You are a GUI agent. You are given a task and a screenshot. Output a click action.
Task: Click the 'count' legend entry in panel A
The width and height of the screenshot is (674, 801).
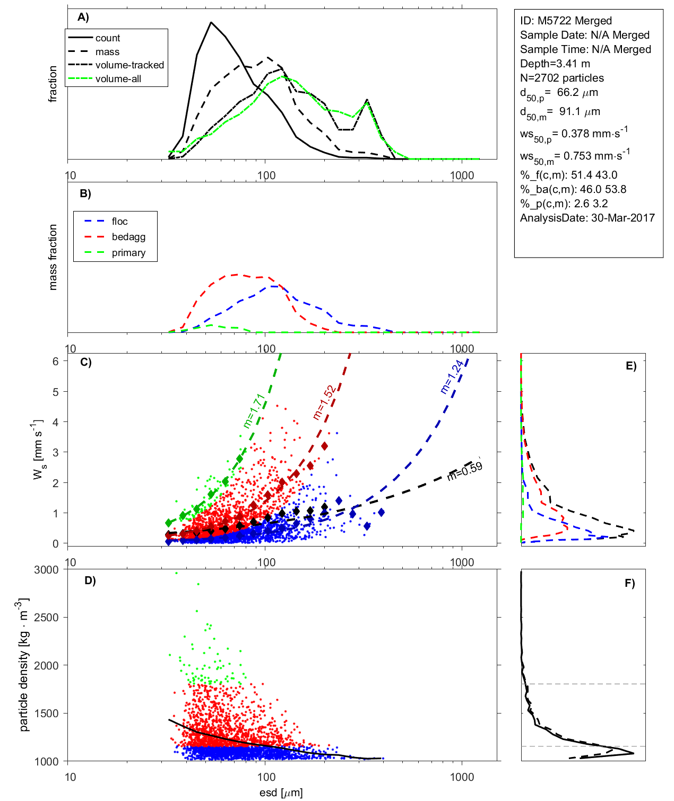click(x=108, y=38)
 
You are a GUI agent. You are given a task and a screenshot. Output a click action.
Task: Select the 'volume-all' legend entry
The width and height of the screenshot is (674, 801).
click(x=118, y=79)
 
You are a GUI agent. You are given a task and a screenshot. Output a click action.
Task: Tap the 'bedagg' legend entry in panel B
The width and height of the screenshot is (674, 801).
click(x=128, y=237)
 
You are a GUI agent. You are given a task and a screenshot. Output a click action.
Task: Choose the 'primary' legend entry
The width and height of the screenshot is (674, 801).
click(x=128, y=253)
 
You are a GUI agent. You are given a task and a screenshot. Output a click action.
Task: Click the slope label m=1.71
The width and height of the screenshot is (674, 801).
click(x=254, y=411)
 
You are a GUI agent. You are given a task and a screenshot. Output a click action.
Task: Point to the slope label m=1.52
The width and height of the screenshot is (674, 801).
click(x=324, y=402)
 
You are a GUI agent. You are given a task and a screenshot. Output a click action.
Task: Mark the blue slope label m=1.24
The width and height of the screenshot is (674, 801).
click(x=452, y=376)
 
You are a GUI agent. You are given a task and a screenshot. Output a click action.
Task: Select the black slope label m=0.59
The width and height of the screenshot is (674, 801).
click(x=464, y=471)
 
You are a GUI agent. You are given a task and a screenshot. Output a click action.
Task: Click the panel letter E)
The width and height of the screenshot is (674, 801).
click(x=630, y=366)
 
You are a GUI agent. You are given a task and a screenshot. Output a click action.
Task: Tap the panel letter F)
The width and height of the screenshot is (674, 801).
click(x=629, y=583)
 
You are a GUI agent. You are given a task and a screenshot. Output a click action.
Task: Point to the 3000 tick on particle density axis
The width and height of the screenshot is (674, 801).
click(x=46, y=570)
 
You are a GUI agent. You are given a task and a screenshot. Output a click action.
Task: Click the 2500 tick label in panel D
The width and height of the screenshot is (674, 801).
click(x=46, y=618)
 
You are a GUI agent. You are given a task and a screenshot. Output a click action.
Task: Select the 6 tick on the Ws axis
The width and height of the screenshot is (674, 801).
click(x=55, y=361)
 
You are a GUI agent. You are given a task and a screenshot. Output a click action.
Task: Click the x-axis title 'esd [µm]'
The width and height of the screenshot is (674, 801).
click(x=281, y=793)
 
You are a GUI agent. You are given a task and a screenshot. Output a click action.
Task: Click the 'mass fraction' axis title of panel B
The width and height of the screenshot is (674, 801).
click(x=53, y=257)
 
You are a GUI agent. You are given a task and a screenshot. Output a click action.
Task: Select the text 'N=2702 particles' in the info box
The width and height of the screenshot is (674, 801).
click(x=561, y=78)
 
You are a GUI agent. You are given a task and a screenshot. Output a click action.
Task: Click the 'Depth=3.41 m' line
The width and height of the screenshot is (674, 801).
click(x=555, y=64)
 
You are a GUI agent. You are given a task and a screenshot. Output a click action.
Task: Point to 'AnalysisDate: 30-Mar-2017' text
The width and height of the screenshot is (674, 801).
click(x=587, y=218)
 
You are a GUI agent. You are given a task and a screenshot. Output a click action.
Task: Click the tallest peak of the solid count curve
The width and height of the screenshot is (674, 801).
click(x=211, y=22)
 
